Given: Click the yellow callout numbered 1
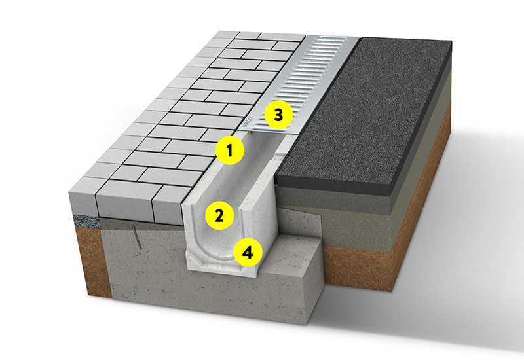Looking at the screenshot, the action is pyautogui.click(x=230, y=151).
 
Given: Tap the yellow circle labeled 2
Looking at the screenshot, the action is pyautogui.click(x=219, y=215).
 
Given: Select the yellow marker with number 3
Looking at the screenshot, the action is pyautogui.click(x=278, y=115).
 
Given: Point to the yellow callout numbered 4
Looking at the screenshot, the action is pyautogui.click(x=248, y=253).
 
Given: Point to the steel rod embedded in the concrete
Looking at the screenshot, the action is pyautogui.click(x=137, y=237).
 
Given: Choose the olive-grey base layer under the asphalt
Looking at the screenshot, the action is pyautogui.click(x=351, y=217).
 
